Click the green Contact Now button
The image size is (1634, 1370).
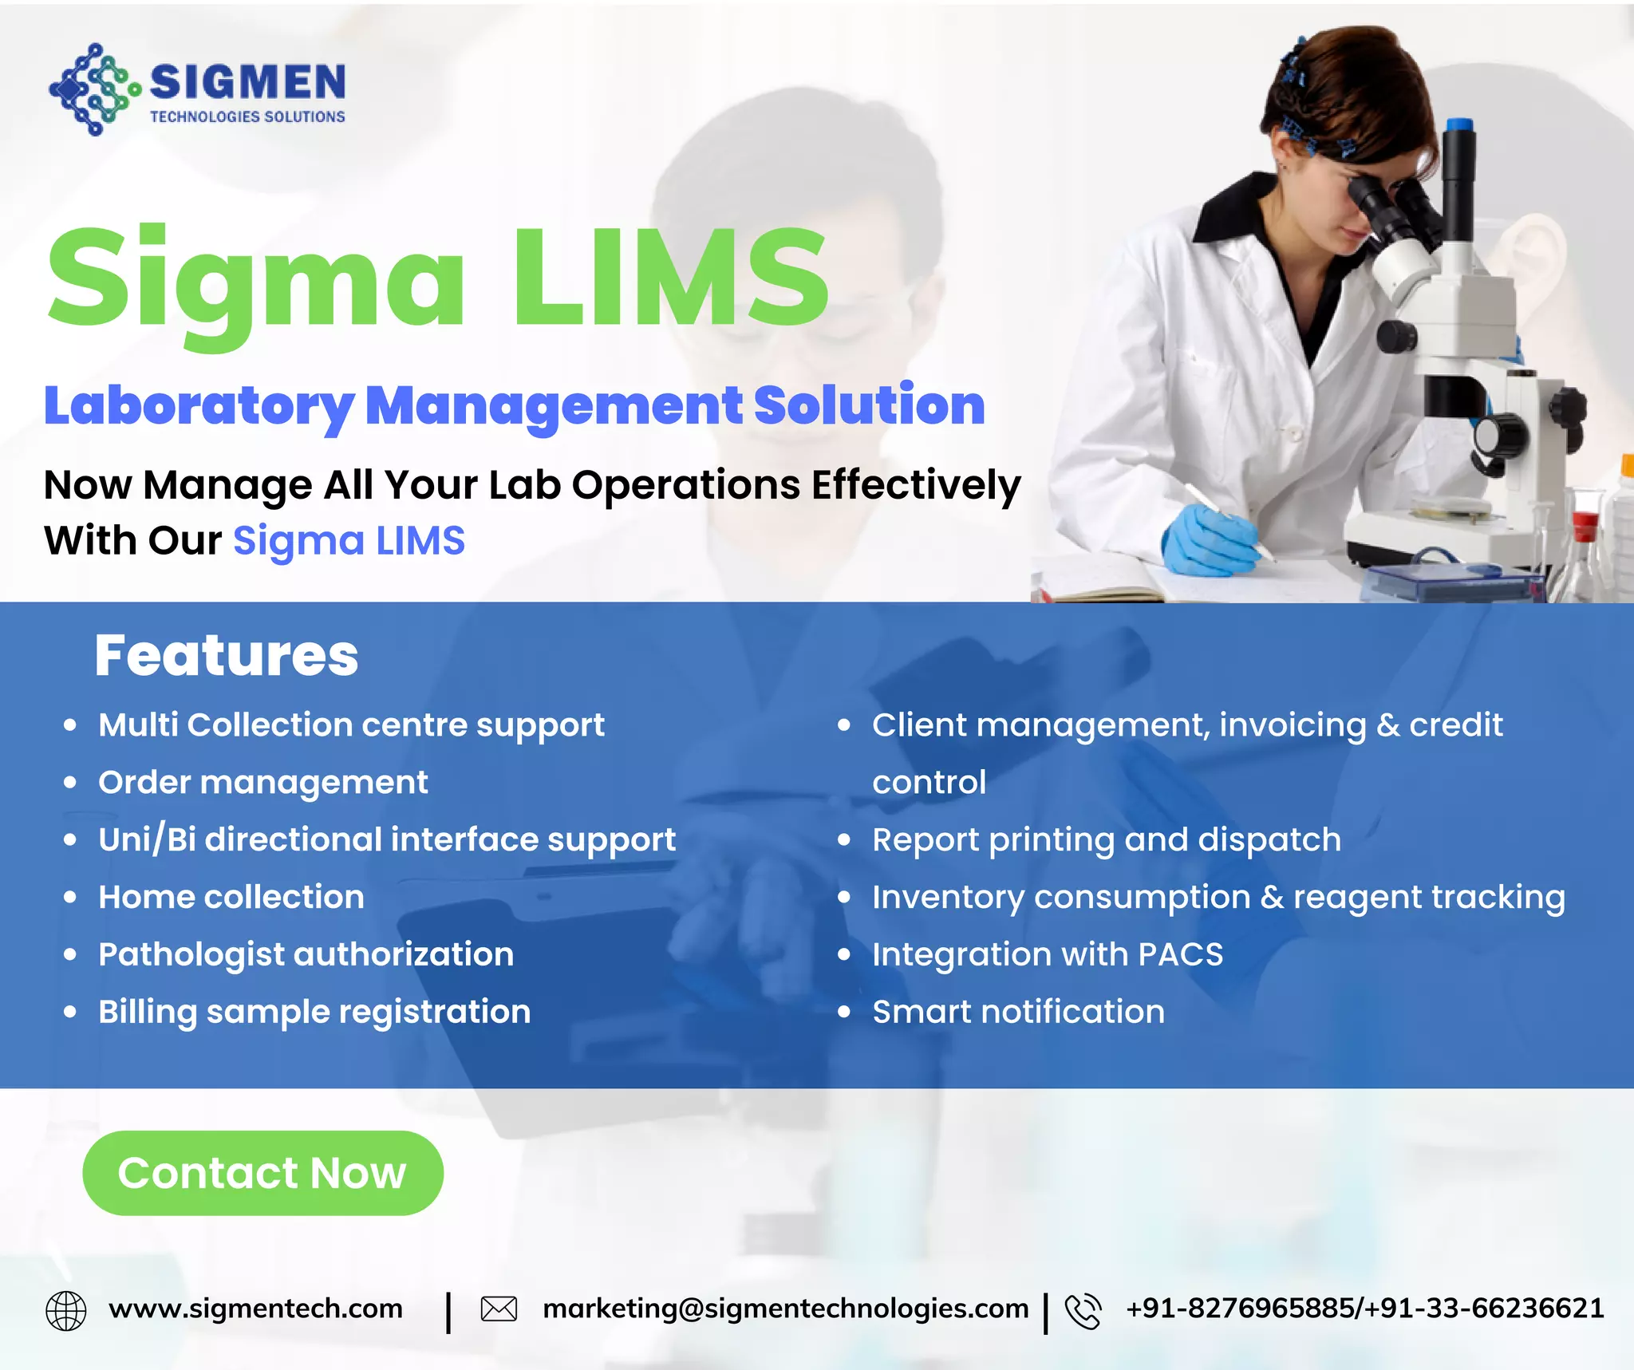tap(262, 1172)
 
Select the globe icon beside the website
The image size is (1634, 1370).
tap(66, 1311)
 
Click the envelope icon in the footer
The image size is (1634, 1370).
tap(499, 1309)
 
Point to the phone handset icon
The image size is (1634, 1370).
tap(1083, 1311)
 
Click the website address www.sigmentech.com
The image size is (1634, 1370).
tap(255, 1309)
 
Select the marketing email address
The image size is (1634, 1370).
tap(785, 1309)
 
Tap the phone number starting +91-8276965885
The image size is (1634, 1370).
tap(1364, 1309)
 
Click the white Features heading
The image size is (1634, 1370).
tap(227, 656)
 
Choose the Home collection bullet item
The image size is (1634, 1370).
tap(231, 897)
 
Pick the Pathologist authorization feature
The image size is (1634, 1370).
tap(306, 954)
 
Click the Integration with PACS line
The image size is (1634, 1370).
tap(1047, 954)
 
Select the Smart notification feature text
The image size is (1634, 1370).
tap(1018, 1012)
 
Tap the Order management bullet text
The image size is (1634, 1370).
tap(262, 782)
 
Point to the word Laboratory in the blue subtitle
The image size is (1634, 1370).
tap(199, 407)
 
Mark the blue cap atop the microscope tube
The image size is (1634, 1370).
tap(1459, 124)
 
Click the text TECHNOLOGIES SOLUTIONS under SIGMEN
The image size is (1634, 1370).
tap(247, 117)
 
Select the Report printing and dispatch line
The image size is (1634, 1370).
tap(1106, 839)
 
